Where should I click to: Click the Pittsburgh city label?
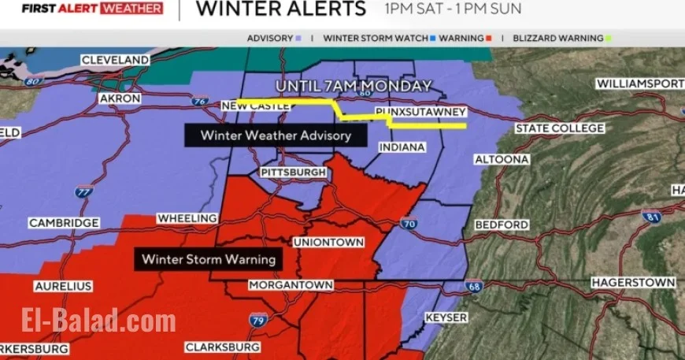click(x=293, y=172)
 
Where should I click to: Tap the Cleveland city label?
click(x=115, y=60)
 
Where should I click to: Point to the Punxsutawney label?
click(x=421, y=113)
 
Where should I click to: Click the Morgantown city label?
click(x=288, y=284)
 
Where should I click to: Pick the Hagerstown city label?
click(x=633, y=282)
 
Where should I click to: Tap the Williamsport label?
click(x=639, y=83)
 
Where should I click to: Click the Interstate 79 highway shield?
click(x=259, y=319)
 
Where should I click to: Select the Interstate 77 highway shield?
click(x=83, y=191)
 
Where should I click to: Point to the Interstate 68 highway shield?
click(x=473, y=287)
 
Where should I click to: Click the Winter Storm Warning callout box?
click(x=209, y=258)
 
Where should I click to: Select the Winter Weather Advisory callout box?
click(x=276, y=135)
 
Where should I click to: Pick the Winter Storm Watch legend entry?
click(x=376, y=38)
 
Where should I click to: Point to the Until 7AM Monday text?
click(x=354, y=86)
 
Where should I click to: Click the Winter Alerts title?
click(x=280, y=9)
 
